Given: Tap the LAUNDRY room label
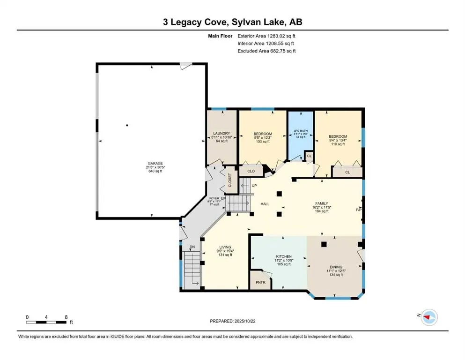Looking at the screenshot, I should pos(222,133).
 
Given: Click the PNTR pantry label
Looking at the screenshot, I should pos(260,283).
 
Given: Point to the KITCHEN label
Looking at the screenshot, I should pos(284,256).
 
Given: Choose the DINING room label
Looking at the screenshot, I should pos(335,266).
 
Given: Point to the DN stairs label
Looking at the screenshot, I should pos(192,248).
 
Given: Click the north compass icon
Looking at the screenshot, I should pos(428,317).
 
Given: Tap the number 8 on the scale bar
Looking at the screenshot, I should pos(66,317).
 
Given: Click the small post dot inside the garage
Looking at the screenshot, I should pos(127,125).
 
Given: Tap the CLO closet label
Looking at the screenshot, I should pos(251,171).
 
